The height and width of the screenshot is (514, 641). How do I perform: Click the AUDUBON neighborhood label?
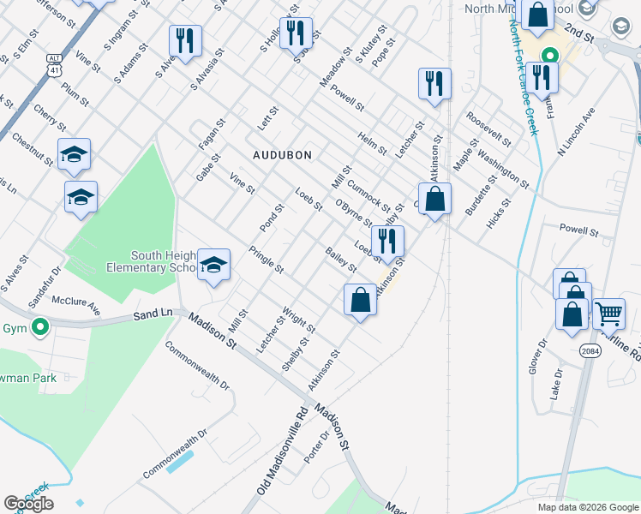click(x=282, y=155)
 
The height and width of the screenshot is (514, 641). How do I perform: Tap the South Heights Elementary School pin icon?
click(x=213, y=264)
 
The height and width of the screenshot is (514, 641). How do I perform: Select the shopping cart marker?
click(x=608, y=314)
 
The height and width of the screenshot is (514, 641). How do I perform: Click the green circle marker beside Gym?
click(x=39, y=326)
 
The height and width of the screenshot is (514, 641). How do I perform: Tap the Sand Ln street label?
click(x=153, y=315)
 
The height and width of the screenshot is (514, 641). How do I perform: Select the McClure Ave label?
click(x=76, y=306)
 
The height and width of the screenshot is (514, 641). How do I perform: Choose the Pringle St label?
click(x=266, y=260)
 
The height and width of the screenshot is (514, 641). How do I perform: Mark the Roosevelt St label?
click(x=489, y=128)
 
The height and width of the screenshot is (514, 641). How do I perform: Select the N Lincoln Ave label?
click(x=576, y=129)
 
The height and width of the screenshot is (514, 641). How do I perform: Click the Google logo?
click(x=28, y=504)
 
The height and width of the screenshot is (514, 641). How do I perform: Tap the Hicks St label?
click(x=499, y=214)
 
